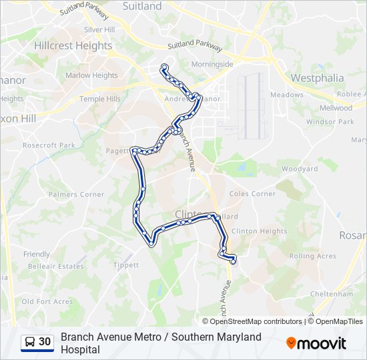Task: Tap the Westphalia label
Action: coord(318,78)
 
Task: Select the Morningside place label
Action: coord(212,65)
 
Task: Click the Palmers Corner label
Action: coord(76,195)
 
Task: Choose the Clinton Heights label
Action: coord(259,231)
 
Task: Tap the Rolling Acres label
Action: coord(312,256)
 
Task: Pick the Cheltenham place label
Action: coord(332,293)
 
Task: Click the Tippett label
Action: coord(126,265)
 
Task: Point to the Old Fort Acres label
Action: coord(47,301)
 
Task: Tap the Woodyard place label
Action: coord(300,169)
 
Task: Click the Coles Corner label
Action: coord(252,194)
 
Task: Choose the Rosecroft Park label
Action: coord(49,145)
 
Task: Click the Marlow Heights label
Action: coord(91,75)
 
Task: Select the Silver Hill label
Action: coord(99,30)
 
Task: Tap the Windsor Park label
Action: coord(330,122)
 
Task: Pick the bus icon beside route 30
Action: coord(30,342)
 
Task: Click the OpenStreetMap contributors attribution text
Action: coord(252,321)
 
